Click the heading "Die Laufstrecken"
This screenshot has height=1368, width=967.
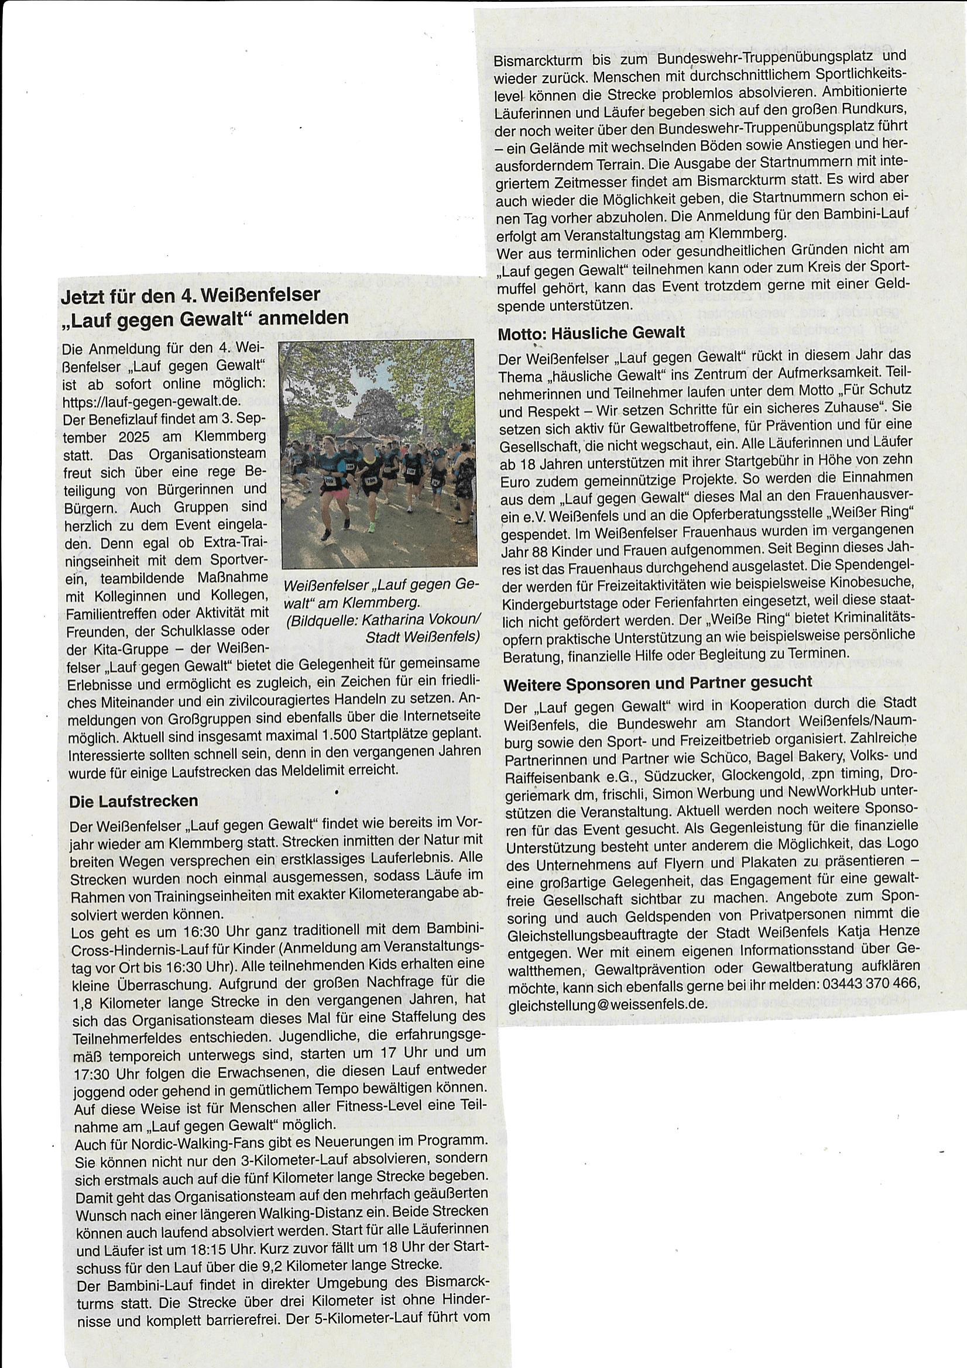point(133,801)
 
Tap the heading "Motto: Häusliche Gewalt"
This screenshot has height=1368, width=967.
point(591,332)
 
